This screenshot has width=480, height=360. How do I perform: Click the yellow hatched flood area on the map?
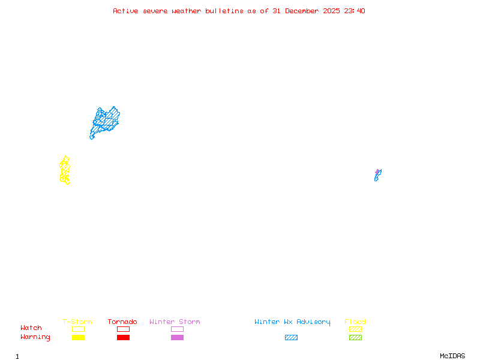click(65, 171)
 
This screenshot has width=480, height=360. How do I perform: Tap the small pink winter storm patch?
click(377, 172)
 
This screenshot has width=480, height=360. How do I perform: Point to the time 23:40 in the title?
click(353, 11)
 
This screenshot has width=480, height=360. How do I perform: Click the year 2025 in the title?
click(331, 11)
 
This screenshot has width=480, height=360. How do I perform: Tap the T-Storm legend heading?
click(77, 322)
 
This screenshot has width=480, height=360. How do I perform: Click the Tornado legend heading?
click(122, 322)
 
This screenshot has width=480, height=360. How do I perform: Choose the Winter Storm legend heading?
click(175, 322)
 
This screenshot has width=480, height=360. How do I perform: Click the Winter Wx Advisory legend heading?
click(292, 322)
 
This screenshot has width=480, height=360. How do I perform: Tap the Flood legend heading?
click(355, 322)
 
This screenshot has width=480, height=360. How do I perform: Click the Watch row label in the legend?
click(31, 328)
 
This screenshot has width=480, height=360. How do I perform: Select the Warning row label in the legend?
click(35, 337)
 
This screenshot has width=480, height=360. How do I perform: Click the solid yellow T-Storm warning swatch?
click(78, 337)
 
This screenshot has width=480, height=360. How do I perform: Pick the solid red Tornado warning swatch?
click(123, 337)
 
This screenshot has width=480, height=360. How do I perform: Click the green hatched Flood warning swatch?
click(355, 337)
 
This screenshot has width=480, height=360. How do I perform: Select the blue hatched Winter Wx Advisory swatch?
click(291, 337)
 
